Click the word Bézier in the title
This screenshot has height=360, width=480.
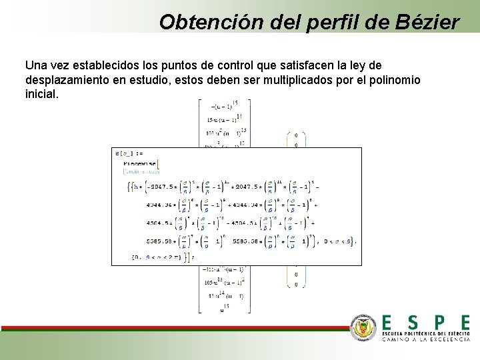(427, 22)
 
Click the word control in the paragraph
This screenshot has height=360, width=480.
(236, 65)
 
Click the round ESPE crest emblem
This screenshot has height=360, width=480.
(364, 327)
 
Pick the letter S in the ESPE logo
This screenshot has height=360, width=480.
(413, 323)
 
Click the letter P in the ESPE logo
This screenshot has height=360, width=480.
(438, 323)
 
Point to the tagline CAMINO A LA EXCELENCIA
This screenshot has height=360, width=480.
(426, 339)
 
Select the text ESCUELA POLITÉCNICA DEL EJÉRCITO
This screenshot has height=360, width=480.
(426, 333)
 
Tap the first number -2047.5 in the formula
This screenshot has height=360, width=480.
(160, 186)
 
